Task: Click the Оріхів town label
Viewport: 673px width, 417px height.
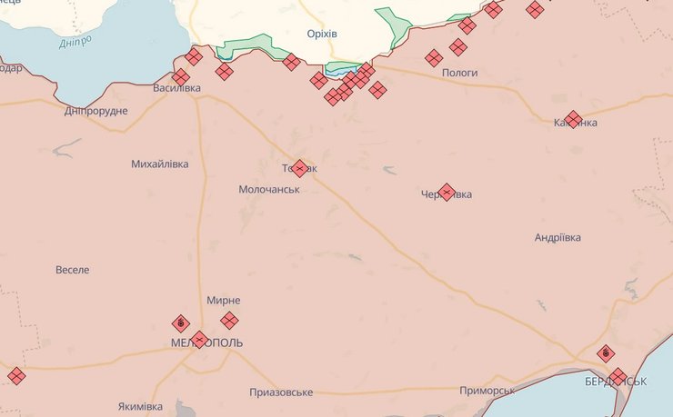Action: click(x=322, y=34)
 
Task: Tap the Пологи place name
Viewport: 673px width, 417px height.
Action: click(x=459, y=72)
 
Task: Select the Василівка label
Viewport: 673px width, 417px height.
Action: click(x=176, y=89)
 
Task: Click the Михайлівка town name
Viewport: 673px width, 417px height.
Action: click(x=160, y=164)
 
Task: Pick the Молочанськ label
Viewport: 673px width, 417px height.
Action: click(x=269, y=190)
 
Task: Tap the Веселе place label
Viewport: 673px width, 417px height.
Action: click(x=73, y=270)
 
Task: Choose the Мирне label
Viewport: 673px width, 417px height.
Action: click(x=223, y=301)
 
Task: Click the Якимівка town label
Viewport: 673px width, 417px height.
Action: click(x=140, y=405)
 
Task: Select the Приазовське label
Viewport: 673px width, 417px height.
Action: click(x=281, y=392)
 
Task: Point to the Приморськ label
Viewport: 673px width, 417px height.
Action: click(x=487, y=390)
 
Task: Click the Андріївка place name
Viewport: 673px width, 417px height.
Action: click(x=557, y=238)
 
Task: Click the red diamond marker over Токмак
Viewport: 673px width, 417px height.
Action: click(x=299, y=168)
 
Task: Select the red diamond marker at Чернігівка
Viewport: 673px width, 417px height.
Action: click(x=447, y=193)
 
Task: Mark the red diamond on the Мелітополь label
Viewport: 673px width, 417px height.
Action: click(x=200, y=340)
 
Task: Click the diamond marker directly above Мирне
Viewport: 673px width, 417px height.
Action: click(x=229, y=320)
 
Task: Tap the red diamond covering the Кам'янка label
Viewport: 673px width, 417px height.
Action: click(x=573, y=119)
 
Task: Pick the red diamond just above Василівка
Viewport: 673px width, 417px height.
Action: click(x=181, y=76)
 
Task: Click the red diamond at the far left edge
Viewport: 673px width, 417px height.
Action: click(x=15, y=374)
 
